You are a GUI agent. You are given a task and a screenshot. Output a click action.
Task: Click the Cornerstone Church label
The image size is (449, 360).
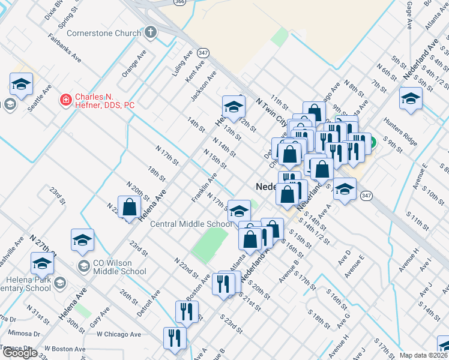click(x=104, y=33)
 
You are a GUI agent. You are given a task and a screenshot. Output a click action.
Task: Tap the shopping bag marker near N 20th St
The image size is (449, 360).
click(x=130, y=208)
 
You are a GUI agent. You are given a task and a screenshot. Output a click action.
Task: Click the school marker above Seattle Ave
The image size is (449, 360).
click(x=22, y=85)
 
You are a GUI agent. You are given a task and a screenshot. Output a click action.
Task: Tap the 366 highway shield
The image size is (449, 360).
click(x=179, y=2)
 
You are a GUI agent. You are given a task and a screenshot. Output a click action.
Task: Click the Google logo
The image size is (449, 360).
click(x=20, y=353)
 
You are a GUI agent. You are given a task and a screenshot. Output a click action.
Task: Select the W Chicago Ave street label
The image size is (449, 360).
click(x=119, y=334)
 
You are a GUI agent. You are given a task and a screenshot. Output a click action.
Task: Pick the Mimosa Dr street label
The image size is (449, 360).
click(x=24, y=332)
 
